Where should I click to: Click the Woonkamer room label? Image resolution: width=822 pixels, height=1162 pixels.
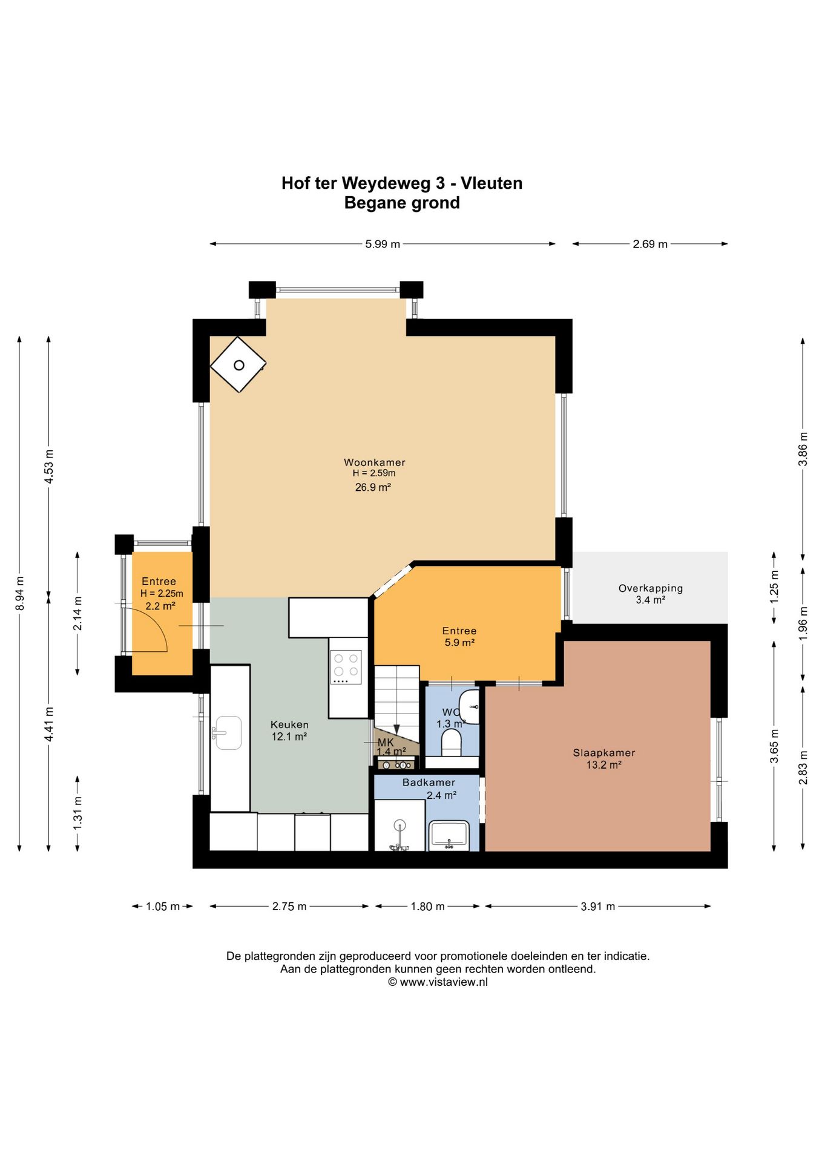point(375,462)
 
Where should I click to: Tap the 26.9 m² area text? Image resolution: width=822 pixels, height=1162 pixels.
point(373,487)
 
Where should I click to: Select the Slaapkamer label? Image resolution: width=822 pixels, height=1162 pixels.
point(604,753)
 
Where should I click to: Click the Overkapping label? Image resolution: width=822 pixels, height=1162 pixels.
point(651,588)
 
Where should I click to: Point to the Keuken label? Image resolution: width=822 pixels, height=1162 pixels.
point(289,724)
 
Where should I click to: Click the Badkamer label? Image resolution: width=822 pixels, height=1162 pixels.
point(429,783)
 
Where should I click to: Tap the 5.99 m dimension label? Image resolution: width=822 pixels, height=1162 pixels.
point(383,245)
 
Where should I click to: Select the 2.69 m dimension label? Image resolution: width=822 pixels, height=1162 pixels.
point(650,245)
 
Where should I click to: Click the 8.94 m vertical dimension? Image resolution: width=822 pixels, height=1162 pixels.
point(20,593)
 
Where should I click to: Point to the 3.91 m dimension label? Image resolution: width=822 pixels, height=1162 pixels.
point(598,907)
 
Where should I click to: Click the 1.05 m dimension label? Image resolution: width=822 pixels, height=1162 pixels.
point(163,907)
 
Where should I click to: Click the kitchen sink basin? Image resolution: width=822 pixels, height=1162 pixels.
point(229,733)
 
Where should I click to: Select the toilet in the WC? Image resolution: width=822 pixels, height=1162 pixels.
point(451,743)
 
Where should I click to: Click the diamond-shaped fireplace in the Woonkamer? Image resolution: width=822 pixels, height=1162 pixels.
point(238,365)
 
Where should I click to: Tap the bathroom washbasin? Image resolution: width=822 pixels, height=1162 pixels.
point(449,835)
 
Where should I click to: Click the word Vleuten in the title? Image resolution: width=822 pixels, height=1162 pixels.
point(492,183)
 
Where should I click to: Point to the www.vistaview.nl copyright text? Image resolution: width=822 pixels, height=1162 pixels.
point(438,982)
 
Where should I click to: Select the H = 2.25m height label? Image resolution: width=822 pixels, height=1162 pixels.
point(162,594)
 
